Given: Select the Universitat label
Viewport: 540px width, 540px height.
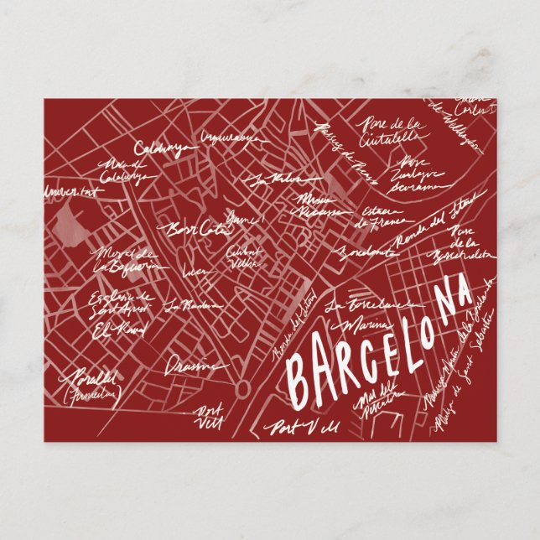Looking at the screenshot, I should tap(70, 192).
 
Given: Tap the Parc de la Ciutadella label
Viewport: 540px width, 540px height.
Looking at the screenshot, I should tap(391, 130).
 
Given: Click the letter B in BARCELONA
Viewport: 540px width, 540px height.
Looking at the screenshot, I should tap(298, 376).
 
